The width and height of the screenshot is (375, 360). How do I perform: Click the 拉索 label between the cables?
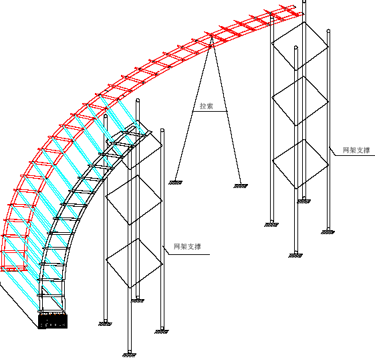(x=207, y=106)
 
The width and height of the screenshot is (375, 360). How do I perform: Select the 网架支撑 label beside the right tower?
(x=356, y=151)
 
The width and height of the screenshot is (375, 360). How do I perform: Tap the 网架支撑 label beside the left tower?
(x=187, y=246)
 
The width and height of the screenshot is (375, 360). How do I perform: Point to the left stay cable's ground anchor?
(x=175, y=183)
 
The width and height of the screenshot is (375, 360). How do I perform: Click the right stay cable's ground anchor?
(x=241, y=186)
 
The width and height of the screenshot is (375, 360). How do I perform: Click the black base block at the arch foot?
(x=53, y=321)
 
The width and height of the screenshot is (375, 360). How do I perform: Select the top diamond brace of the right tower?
(x=300, y=46)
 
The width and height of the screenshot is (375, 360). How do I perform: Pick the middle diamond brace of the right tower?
(x=300, y=101)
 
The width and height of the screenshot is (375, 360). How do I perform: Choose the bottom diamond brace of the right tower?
(x=301, y=164)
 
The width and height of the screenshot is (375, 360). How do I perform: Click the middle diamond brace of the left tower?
(x=134, y=200)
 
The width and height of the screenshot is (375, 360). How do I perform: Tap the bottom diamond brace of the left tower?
(x=134, y=263)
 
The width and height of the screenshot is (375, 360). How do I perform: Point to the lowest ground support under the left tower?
(x=129, y=355)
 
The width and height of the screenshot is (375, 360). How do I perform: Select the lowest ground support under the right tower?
(x=295, y=256)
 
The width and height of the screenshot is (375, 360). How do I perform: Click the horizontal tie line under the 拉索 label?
(x=210, y=111)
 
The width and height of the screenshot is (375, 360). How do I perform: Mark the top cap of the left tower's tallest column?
(x=138, y=100)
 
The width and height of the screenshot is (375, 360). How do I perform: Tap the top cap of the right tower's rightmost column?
(x=328, y=31)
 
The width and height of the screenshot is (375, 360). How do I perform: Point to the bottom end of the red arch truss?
(x=13, y=269)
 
